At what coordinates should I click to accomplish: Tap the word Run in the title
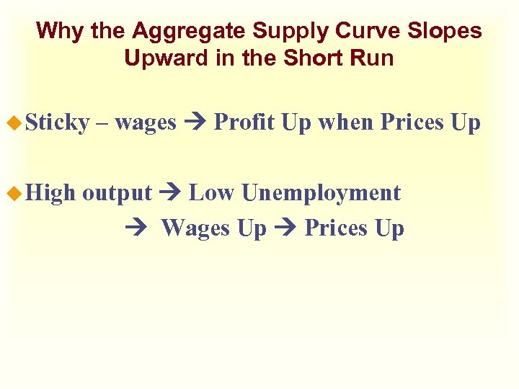[373, 58]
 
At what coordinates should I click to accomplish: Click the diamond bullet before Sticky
[15, 123]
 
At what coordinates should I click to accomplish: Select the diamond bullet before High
[15, 193]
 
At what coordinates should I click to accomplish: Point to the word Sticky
[57, 123]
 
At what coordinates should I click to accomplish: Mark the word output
[117, 193]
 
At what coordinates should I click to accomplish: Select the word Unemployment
[321, 193]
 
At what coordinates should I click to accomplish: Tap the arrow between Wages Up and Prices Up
[285, 229]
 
